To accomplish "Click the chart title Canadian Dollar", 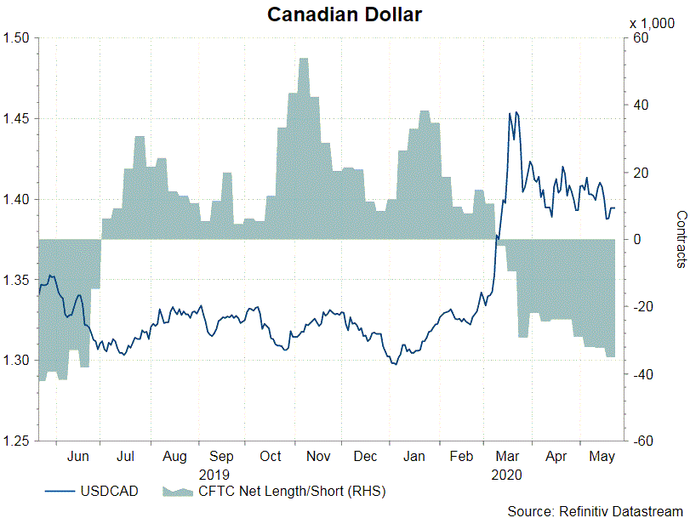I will point(345,14).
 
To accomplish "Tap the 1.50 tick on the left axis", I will point(16,38).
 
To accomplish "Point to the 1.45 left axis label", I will point(16,119).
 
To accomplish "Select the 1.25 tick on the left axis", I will point(16,441).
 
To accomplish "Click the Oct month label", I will point(270,457).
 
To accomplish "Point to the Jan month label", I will point(413,457).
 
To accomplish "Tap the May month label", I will point(602,457).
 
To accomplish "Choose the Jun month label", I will point(77,457).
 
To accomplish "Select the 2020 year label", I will point(506,473).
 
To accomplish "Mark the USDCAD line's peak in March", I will point(510,112).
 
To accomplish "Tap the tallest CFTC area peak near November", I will point(304,59).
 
